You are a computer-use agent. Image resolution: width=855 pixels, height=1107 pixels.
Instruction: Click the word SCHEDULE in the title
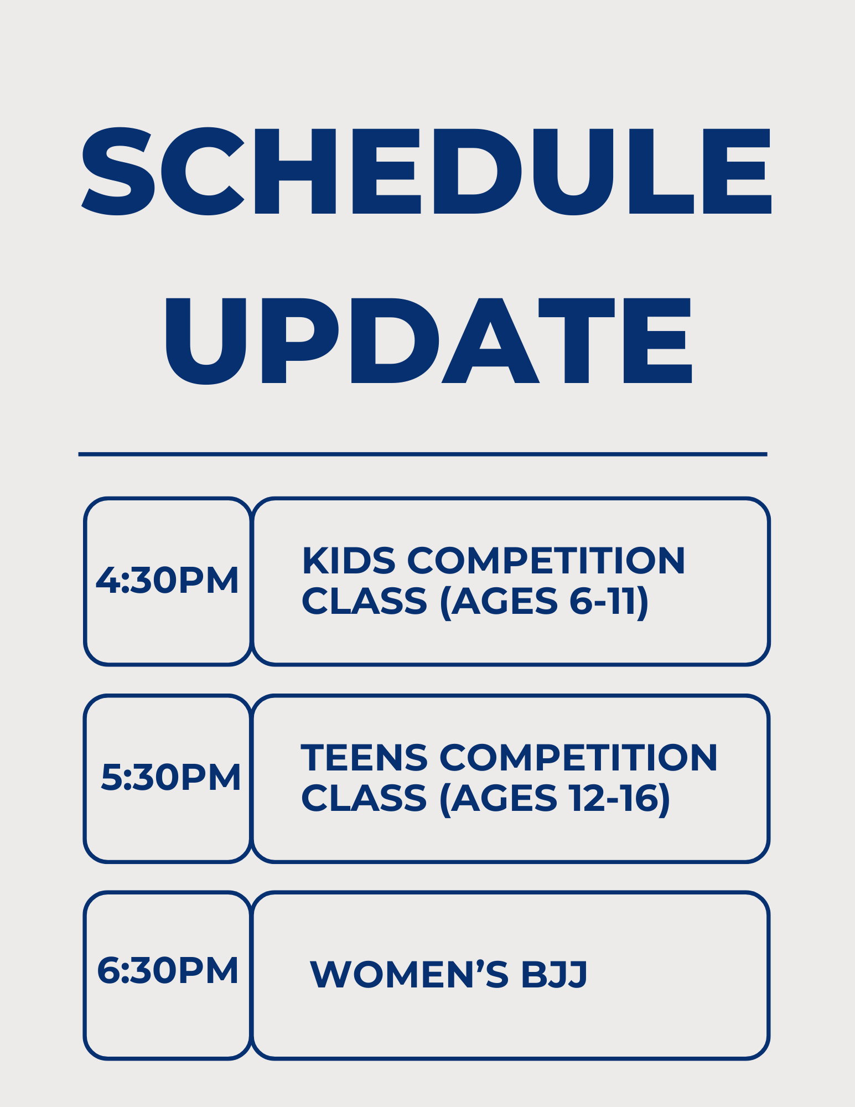(x=426, y=172)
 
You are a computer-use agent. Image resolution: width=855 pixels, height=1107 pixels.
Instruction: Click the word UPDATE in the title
(x=428, y=341)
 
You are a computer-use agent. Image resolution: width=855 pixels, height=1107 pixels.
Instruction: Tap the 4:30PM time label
(x=167, y=581)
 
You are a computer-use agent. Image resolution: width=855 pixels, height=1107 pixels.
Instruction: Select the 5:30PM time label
(x=170, y=777)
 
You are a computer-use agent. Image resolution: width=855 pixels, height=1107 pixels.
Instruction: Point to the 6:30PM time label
(x=168, y=971)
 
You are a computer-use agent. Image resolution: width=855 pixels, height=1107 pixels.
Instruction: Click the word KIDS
(x=349, y=561)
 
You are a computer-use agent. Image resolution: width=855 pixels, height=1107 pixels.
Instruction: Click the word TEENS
(x=364, y=758)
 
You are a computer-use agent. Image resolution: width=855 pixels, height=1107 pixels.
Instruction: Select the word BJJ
(x=554, y=975)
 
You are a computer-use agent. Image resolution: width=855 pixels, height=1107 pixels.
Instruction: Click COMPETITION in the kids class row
(x=546, y=561)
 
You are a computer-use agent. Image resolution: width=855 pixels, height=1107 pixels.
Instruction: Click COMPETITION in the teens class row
(x=578, y=758)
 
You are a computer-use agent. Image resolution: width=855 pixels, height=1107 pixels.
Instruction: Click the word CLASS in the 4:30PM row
(x=364, y=602)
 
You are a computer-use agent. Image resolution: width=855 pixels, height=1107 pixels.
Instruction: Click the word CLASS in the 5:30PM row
(x=364, y=799)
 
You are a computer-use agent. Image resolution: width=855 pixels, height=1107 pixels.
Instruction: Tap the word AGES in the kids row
(x=504, y=602)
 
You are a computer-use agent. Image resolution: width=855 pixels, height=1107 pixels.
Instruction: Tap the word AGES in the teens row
(x=504, y=799)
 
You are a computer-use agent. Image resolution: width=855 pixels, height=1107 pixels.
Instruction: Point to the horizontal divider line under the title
(x=423, y=454)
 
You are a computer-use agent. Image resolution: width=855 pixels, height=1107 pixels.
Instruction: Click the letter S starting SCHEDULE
(x=117, y=172)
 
